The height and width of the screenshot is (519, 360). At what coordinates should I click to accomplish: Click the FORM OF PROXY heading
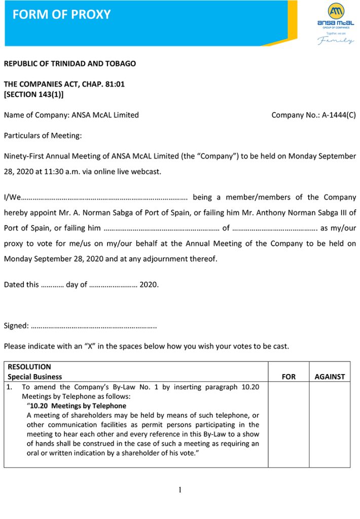pos(61,14)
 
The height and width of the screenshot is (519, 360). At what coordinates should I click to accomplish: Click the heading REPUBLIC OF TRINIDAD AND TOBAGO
pos(70,64)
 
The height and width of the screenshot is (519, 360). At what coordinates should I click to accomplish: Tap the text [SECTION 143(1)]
pos(34,94)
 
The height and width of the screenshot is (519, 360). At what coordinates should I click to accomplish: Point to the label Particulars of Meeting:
pos(43,135)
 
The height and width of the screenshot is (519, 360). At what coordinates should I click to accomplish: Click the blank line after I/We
pos(105,198)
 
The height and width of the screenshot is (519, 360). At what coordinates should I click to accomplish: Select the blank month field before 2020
pos(113,285)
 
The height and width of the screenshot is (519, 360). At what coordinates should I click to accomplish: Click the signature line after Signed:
pos(94,326)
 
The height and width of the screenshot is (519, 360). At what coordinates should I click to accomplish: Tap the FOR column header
pos(289,377)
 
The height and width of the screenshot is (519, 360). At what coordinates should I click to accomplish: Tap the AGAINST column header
pos(330,377)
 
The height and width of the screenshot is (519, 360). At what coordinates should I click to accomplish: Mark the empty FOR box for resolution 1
pos(289,424)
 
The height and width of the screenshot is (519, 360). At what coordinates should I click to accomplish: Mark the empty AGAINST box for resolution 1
pos(330,424)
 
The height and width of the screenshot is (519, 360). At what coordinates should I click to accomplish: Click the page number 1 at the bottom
pos(180,490)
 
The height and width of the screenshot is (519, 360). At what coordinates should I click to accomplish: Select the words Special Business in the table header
pos(35,377)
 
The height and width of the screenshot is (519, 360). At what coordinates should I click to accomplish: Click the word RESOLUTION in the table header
pos(29,367)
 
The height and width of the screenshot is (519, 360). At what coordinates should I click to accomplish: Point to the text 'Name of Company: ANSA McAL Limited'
pos(71,115)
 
